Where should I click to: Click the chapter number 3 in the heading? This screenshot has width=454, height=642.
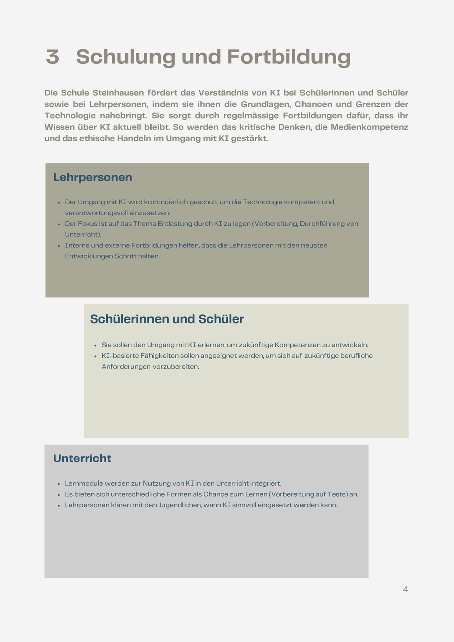pyautogui.click(x=52, y=57)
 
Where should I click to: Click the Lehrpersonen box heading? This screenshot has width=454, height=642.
pyautogui.click(x=93, y=177)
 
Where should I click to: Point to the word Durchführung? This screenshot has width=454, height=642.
pyautogui.click(x=324, y=224)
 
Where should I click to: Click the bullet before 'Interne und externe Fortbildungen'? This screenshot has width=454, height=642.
pyautogui.click(x=60, y=246)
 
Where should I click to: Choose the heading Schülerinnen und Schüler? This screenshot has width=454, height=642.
pyautogui.click(x=167, y=319)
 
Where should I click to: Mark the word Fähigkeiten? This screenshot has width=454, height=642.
pyautogui.click(x=149, y=356)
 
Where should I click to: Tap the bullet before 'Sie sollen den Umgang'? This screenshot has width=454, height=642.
pyautogui.click(x=95, y=345)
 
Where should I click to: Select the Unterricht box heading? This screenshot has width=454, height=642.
pyautogui.click(x=82, y=458)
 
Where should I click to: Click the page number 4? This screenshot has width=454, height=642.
pyautogui.click(x=405, y=590)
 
